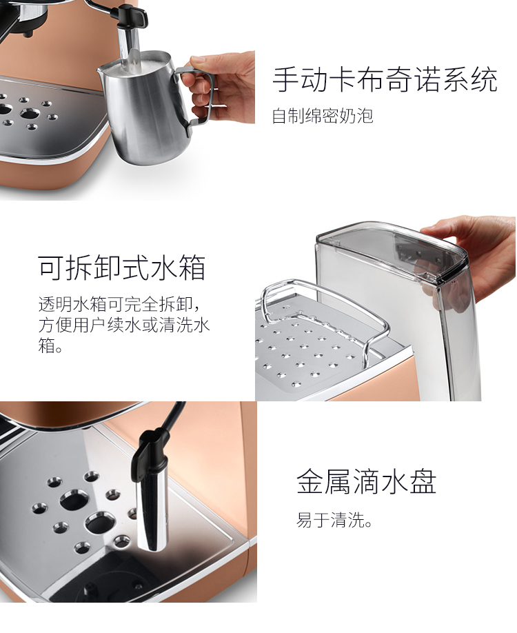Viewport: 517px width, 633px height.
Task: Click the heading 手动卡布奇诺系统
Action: tap(385, 79)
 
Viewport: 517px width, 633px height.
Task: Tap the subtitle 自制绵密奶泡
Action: tap(323, 115)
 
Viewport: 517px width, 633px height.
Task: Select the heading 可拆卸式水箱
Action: tap(122, 268)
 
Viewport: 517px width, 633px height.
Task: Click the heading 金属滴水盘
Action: tap(367, 481)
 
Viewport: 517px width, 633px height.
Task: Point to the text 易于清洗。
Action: tap(334, 520)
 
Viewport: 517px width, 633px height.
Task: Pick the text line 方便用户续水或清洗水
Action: tap(124, 325)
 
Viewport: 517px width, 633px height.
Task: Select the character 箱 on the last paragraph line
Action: tap(47, 346)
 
